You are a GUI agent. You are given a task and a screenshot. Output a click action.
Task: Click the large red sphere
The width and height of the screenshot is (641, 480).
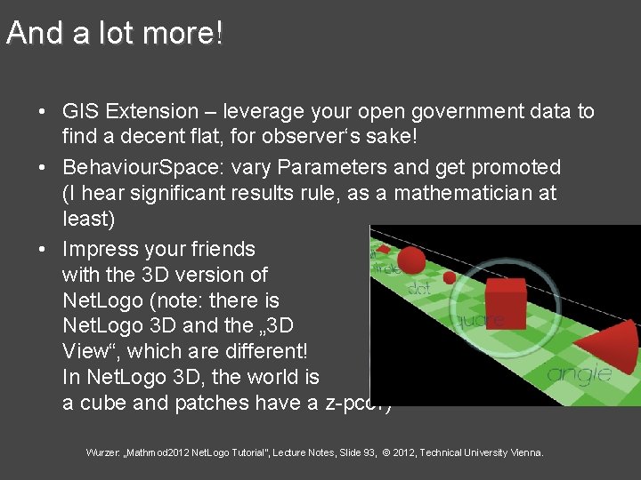tap(410, 260)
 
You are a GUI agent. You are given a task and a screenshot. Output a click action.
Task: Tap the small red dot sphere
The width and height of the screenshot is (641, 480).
tap(450, 277)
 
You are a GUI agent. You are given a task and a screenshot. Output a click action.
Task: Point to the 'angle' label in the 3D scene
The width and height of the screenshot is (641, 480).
tap(580, 373)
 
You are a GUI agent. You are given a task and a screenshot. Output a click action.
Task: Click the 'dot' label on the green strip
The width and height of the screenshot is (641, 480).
tap(419, 287)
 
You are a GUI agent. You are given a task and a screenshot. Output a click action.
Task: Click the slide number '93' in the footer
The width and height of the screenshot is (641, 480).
tap(345, 453)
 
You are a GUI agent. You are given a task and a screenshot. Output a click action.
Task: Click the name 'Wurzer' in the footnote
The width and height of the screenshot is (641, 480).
tap(102, 453)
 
